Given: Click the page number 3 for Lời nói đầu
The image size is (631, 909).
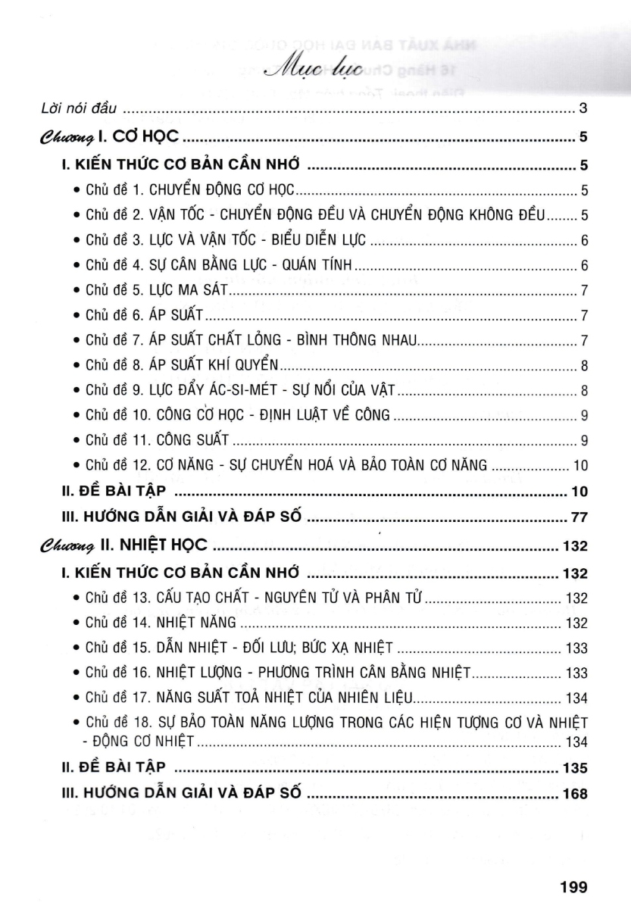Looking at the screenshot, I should pos(583,109).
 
